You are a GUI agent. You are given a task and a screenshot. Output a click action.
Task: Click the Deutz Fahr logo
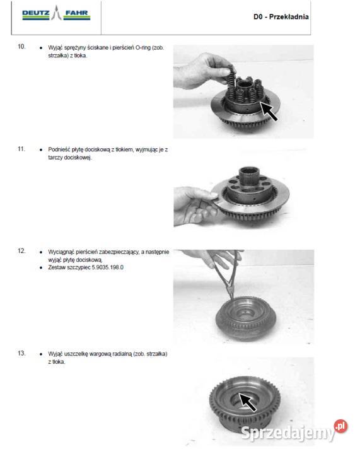[x=56, y=13]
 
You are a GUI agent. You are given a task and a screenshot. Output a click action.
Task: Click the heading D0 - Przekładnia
[x=281, y=17]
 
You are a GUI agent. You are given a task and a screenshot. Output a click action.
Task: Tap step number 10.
[x=21, y=47]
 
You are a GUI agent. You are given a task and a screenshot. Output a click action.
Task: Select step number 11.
[x=21, y=149]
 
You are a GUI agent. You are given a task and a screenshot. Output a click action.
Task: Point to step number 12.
[x=21, y=251]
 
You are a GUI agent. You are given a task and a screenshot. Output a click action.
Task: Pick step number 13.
[x=21, y=353]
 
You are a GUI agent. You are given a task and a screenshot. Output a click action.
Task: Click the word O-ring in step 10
[x=143, y=47]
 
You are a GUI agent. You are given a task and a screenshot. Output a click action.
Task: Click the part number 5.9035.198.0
[x=108, y=267]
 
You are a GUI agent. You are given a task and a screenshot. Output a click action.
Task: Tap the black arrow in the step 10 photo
[x=269, y=110]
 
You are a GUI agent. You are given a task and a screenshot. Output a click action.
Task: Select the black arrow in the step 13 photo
[x=248, y=402]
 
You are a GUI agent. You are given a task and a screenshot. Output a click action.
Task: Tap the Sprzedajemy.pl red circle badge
[x=341, y=426]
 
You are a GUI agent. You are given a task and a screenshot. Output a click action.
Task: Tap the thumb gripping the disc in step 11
[x=208, y=194]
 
